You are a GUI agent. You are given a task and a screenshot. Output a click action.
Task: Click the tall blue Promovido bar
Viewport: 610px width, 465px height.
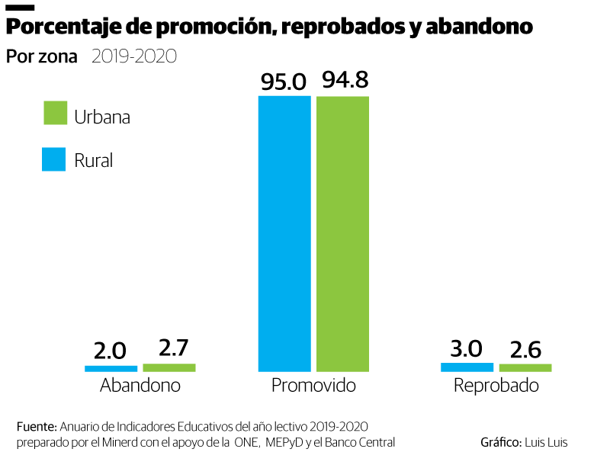pos(284,232)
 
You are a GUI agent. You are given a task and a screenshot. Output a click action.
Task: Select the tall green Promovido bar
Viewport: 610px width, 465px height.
pos(342,232)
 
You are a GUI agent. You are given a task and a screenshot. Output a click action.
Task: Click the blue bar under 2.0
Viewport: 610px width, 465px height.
pos(111,368)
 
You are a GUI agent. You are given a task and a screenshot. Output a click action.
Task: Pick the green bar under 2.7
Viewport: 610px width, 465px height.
pos(169,367)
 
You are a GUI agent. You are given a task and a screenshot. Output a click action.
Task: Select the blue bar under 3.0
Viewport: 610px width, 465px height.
pos(467,367)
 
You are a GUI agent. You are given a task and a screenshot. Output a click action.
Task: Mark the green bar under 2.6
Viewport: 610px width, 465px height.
pos(525,367)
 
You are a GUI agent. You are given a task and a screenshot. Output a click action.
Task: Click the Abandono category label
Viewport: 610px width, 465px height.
pos(140,386)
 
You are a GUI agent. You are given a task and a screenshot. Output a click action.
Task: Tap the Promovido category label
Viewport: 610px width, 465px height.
pos(313,386)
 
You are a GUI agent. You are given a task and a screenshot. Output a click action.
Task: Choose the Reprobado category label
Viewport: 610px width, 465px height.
pos(496,386)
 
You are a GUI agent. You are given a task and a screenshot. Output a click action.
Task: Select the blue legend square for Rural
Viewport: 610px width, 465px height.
pos(54,159)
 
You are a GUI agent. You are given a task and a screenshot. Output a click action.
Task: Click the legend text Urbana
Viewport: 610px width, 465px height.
pos(102,117)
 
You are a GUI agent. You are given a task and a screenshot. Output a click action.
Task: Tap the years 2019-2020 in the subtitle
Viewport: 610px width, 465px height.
pos(133,56)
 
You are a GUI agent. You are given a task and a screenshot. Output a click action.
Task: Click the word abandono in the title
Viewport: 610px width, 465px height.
pos(479,27)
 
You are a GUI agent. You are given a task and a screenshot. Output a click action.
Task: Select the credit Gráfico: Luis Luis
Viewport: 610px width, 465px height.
pos(524,442)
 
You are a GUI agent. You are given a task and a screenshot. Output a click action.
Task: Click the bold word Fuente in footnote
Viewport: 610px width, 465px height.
pos(36,425)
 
